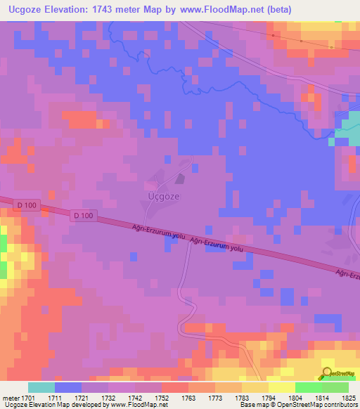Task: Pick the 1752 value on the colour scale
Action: [162, 398]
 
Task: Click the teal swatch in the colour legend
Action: [41, 387]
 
